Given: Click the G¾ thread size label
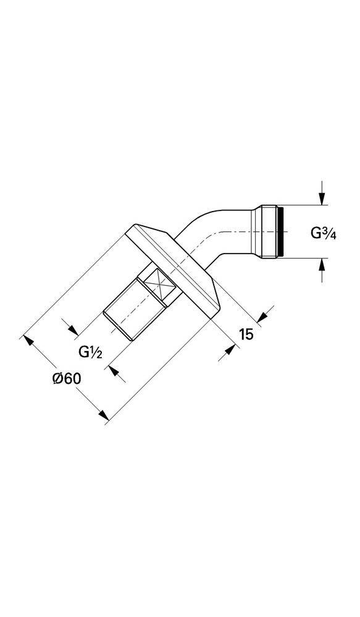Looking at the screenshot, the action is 324,233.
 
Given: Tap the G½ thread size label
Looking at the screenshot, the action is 90,351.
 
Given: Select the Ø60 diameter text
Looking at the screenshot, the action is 67,379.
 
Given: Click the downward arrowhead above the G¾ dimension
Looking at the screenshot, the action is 322,199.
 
